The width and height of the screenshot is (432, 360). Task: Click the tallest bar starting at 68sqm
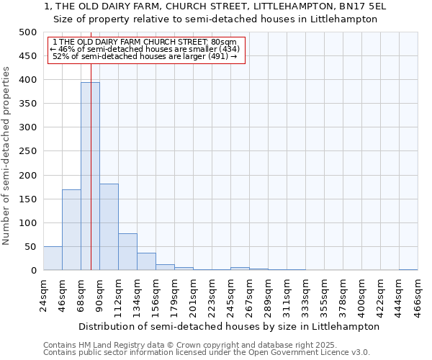point(90,176)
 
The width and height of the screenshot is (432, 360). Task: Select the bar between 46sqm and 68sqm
point(71,230)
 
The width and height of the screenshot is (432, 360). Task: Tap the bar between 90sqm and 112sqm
point(109,227)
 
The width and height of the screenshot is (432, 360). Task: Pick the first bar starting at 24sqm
point(53,258)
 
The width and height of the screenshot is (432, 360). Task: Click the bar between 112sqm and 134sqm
point(127,252)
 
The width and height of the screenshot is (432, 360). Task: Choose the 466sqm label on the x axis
point(418,295)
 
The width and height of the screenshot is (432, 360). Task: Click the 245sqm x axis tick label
point(230,295)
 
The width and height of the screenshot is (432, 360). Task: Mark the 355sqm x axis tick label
point(324,295)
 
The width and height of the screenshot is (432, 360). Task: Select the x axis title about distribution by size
point(229,326)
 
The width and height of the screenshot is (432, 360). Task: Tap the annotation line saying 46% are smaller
point(145,49)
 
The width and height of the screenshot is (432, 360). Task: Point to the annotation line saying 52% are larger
point(145,56)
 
